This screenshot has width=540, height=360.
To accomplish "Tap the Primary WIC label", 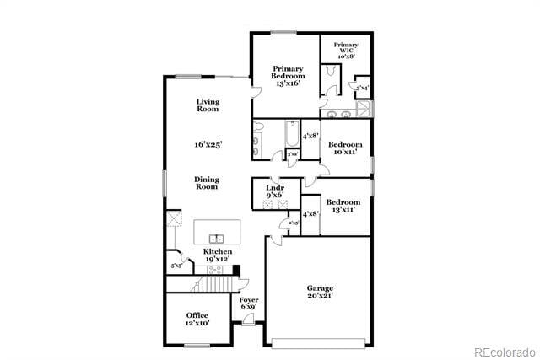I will [346, 49].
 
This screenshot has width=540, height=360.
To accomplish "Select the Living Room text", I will [208, 105].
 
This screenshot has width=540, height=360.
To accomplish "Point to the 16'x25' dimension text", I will [208, 145].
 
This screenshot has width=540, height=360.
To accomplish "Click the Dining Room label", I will [208, 183].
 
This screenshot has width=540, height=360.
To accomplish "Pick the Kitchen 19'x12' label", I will [218, 255].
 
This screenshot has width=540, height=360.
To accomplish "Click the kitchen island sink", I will [217, 239].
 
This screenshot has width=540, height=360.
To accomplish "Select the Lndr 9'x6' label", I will [275, 191].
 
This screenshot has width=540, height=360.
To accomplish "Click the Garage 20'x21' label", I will [319, 293].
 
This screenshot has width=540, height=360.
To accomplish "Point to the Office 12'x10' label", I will [197, 319].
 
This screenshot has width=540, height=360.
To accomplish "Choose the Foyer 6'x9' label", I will [248, 304].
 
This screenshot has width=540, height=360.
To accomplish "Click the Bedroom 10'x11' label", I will [345, 148].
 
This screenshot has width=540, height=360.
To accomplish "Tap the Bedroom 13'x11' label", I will [343, 206].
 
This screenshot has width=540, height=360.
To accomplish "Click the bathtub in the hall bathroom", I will [292, 135].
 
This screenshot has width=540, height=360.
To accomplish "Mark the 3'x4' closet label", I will [361, 88].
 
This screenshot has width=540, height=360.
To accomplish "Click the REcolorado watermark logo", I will [504, 352].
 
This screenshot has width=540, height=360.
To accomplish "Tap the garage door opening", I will [319, 342].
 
